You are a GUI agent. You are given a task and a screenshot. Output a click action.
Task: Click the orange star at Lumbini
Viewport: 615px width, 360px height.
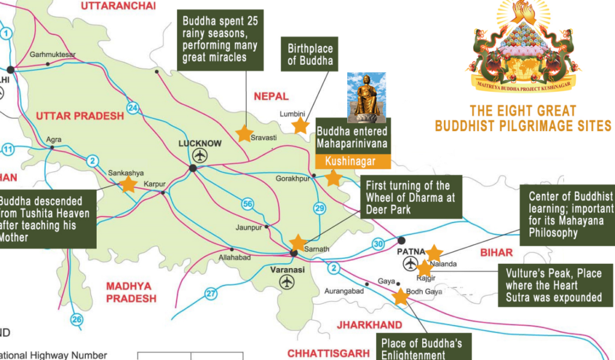300,125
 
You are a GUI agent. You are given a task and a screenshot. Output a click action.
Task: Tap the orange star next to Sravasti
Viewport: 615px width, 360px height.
244,133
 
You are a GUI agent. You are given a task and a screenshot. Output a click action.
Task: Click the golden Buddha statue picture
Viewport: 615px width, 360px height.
366,96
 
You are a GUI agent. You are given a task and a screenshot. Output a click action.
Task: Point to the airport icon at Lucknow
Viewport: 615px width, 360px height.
200,155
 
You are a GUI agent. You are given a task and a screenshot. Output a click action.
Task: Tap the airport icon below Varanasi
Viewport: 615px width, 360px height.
287,281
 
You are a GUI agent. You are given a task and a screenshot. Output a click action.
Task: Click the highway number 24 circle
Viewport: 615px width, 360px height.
133,108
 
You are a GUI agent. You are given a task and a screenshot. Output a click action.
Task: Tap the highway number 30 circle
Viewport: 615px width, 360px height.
377,243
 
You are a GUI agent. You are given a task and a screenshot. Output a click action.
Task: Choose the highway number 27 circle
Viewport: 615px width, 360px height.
211,293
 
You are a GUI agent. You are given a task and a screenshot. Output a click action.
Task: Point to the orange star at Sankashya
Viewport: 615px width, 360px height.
129,184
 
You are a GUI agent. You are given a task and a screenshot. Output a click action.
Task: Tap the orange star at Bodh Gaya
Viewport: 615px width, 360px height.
400,296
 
